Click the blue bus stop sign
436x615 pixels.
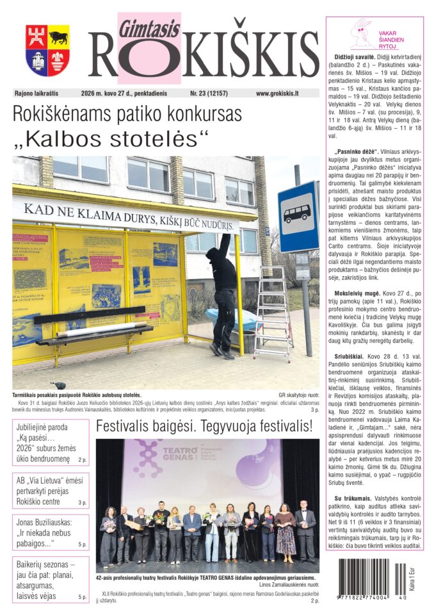[298, 217]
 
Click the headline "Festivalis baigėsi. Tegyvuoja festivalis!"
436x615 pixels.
[204, 426]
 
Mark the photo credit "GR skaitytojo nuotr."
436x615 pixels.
[298, 395]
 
